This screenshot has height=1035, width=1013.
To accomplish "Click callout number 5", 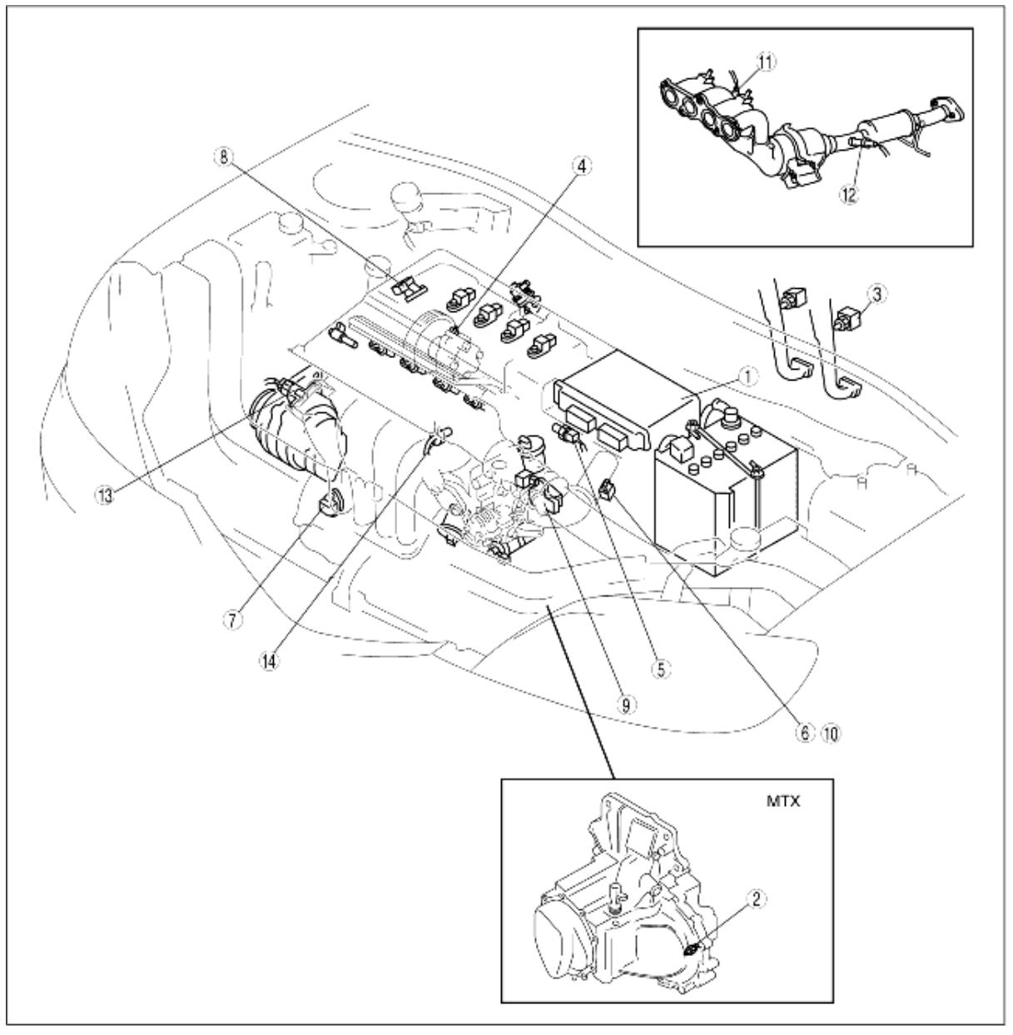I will tap(661, 668).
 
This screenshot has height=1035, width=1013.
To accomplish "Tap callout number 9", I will tap(627, 704).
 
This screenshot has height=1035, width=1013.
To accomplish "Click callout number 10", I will tap(831, 734).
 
